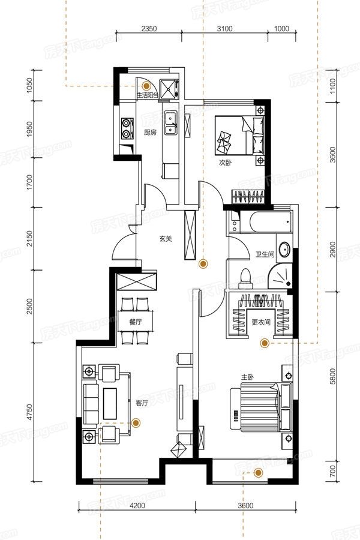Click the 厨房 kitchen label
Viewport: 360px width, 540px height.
150,132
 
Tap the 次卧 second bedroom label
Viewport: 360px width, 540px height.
225,163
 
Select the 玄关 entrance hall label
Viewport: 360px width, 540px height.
166,238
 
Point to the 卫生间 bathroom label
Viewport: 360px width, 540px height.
265,254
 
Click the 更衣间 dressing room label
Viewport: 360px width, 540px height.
261,322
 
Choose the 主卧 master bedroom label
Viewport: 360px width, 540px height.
247,377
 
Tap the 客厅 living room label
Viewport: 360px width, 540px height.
141,403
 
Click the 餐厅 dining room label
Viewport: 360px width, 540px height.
136,322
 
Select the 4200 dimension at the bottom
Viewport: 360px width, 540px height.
137,506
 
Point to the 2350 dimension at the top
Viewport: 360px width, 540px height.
149,29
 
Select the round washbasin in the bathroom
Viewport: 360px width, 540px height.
284,250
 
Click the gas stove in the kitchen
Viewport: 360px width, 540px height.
127,128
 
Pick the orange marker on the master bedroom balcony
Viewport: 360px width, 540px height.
259,473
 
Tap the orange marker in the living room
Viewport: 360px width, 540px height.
136,422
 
